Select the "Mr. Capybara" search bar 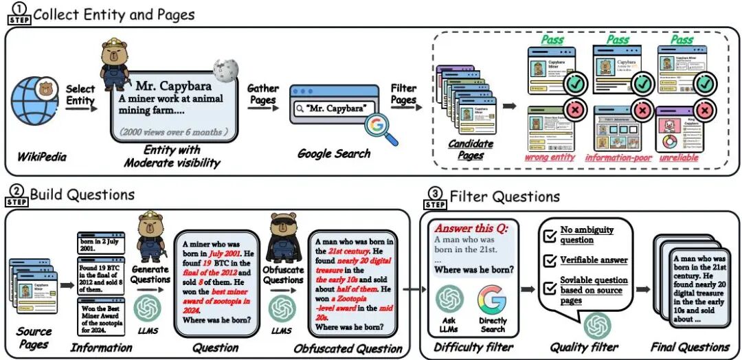coord(328,109)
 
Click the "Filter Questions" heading coord(504,197)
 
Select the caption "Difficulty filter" coord(469,346)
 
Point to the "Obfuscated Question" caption coord(348,348)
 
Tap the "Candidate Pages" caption coord(470,148)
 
